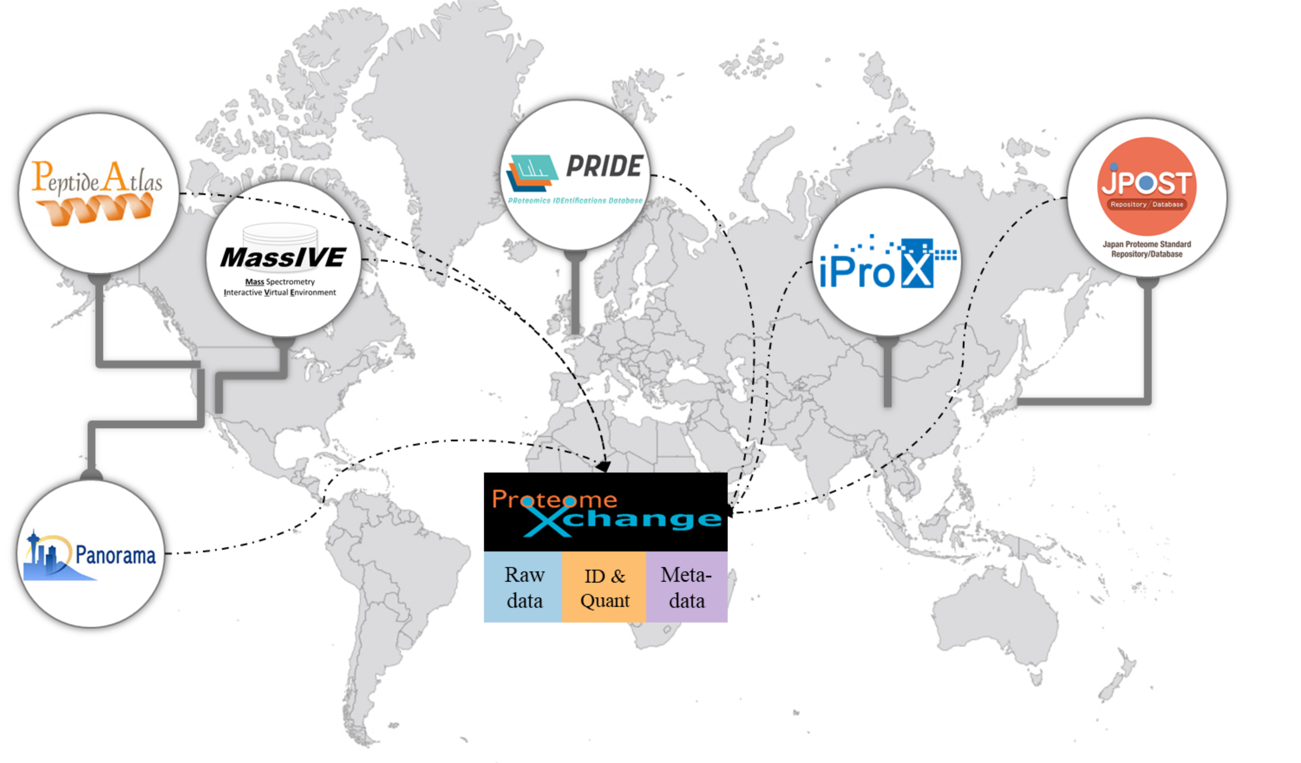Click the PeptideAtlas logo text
(97, 177)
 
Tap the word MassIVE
(283, 257)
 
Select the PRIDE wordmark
(604, 166)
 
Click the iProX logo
(888, 262)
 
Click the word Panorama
(116, 555)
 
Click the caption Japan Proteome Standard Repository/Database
(1147, 249)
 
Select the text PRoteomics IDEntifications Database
(575, 200)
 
